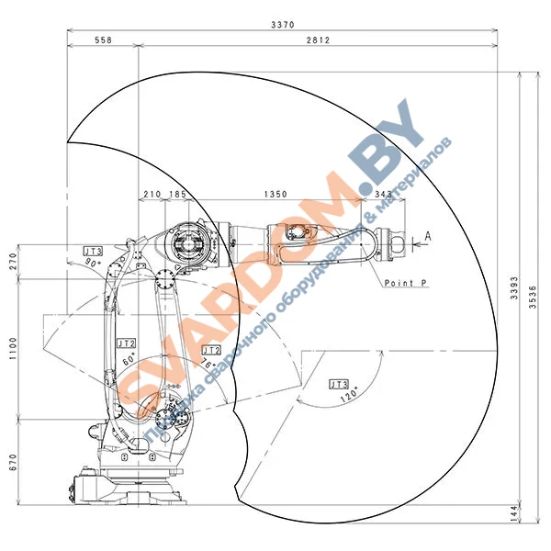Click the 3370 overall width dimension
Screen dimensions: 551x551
click(283, 25)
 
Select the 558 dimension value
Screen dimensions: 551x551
click(103, 40)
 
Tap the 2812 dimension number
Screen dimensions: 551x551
click(318, 40)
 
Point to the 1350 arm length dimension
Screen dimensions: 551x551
click(275, 194)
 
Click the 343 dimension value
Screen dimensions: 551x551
click(383, 194)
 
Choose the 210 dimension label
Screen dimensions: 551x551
click(152, 194)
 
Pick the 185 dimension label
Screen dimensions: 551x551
click(177, 194)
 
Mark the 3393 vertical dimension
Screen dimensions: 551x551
click(514, 287)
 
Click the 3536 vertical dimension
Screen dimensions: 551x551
click(533, 297)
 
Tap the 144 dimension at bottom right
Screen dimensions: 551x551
click(514, 513)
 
